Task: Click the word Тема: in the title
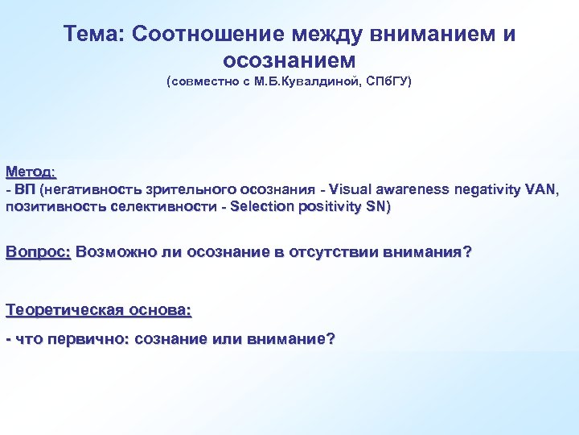(94, 35)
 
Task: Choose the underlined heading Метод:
(31, 172)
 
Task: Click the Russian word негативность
(90, 189)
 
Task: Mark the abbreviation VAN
(538, 189)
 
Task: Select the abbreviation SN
(379, 207)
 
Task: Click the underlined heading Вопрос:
(39, 252)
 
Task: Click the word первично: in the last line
(89, 339)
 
